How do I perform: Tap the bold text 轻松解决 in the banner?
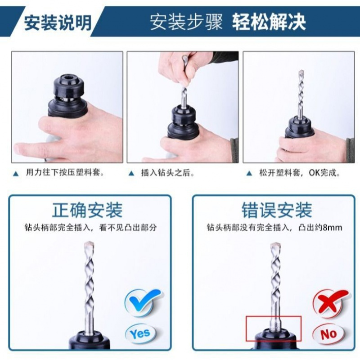(269, 22)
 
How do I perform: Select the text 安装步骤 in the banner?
(186, 22)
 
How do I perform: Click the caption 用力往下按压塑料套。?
(66, 173)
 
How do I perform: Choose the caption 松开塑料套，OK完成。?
(299, 173)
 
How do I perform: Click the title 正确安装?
(87, 210)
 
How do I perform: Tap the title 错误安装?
(276, 210)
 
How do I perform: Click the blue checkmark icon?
(142, 301)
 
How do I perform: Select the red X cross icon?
(331, 301)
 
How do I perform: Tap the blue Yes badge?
(140, 333)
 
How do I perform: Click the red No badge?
(328, 333)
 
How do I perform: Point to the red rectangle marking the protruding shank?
(273, 328)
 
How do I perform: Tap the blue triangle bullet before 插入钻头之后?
(131, 173)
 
